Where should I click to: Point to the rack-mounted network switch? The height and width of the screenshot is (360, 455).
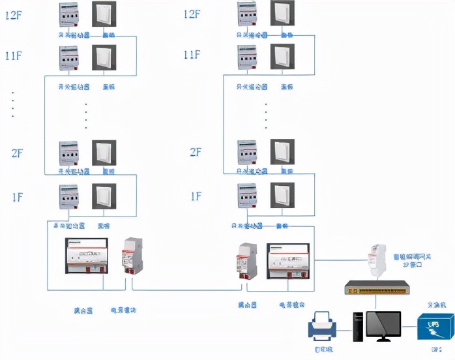[376, 287]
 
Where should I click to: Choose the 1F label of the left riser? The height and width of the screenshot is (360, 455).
[17, 196]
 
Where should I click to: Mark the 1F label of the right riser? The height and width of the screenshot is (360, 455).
[196, 196]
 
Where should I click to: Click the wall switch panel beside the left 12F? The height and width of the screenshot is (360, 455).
[104, 15]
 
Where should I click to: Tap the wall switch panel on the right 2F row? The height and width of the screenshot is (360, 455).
[282, 151]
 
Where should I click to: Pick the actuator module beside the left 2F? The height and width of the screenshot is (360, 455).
[69, 154]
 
